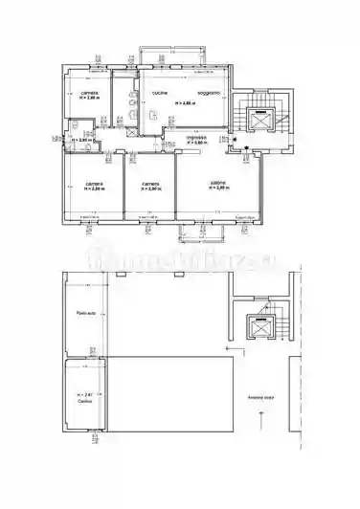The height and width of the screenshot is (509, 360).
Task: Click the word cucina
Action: pos(160,93)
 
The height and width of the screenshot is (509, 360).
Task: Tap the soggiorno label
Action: pos(210,93)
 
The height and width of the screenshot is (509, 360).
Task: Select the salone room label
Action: pos(219,182)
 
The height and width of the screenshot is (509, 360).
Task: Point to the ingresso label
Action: pos(197,137)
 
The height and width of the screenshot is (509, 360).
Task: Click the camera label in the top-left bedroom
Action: pos(90,92)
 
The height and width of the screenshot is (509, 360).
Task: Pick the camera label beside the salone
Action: pos(150,182)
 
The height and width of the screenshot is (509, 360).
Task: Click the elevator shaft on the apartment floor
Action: pos(259,120)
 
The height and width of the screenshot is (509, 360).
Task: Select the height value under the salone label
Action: pos(219,188)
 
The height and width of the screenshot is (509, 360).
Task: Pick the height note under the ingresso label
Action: pos(196,143)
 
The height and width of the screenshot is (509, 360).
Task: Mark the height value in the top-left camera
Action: pos(90,98)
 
